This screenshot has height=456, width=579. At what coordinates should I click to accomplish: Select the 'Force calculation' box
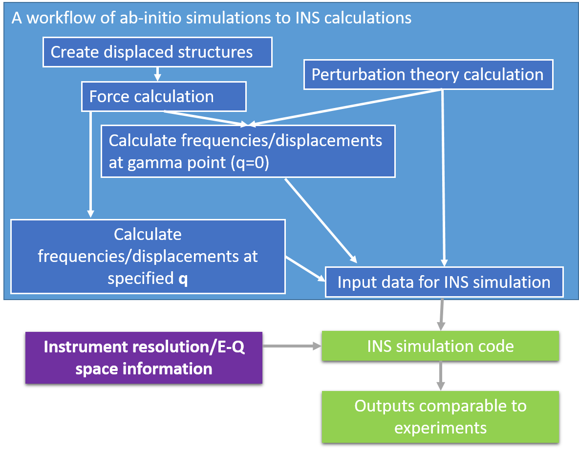pos(163,96)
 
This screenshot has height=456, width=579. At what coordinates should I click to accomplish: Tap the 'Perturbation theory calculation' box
pos(428,75)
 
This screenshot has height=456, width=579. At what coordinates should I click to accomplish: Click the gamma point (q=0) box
pos(248,151)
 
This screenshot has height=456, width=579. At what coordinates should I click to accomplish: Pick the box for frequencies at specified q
pos(148,256)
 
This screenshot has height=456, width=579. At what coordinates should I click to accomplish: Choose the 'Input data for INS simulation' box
pos(444,282)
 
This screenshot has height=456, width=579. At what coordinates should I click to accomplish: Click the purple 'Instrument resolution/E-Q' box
pos(144,357)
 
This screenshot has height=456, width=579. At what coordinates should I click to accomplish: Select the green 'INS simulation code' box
pos(440,346)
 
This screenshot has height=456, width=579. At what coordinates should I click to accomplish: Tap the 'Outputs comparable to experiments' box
pos(440,417)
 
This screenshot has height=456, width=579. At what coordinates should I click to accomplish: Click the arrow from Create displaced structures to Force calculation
pos(157,74)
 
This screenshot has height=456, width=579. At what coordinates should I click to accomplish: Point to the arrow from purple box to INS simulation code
pos(292,346)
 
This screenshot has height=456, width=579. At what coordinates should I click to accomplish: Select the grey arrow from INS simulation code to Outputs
pos(441,375)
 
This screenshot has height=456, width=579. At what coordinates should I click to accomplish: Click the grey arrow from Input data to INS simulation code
pos(442,314)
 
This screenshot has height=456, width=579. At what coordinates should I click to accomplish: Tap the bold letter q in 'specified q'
pos(183,279)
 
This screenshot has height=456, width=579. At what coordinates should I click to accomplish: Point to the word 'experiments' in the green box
pos(440,428)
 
